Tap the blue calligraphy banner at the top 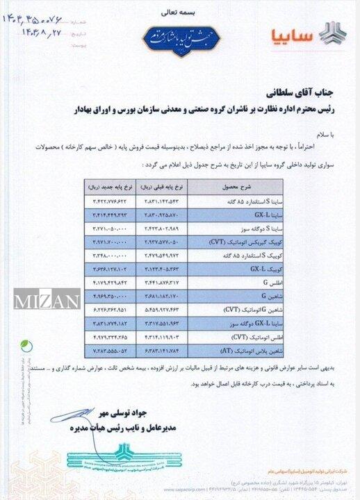pos(181,33)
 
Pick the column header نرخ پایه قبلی pos(167,187)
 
